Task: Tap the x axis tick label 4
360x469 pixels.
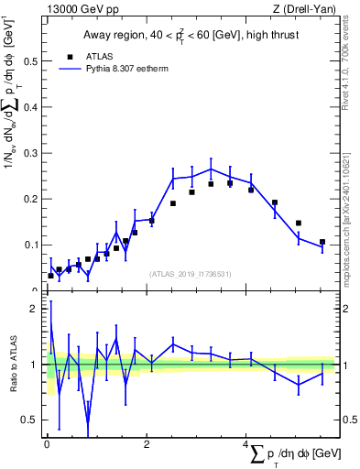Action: [x=246, y=444]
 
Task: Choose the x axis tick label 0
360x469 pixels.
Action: [x=47, y=444]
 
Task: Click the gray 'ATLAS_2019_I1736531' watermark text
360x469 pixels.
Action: [x=191, y=274]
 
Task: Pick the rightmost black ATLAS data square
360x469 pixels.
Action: [x=322, y=242]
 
